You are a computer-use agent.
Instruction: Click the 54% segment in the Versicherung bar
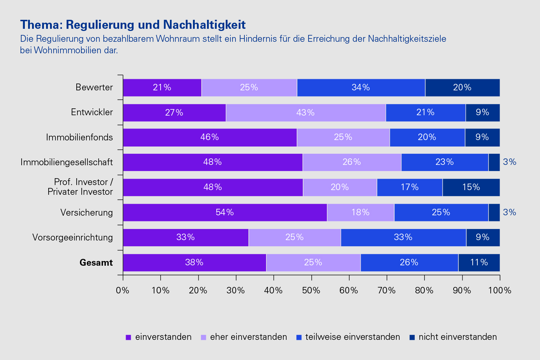tap(225, 212)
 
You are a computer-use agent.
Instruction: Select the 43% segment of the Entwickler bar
tap(305, 113)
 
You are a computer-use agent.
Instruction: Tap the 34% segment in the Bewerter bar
tap(361, 87)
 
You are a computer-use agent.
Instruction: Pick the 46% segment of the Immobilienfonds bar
tap(210, 137)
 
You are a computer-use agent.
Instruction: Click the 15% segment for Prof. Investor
tap(471, 187)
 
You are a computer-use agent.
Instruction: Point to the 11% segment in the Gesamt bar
tap(479, 262)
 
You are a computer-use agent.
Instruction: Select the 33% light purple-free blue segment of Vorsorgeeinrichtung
tap(403, 237)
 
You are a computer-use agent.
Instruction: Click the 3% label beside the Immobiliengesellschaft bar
tap(509, 162)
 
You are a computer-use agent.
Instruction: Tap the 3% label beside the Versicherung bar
tap(509, 212)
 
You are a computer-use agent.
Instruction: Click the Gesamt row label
tap(96, 263)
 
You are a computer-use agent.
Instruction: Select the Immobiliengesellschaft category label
tap(67, 162)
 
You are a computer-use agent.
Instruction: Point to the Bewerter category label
tap(94, 87)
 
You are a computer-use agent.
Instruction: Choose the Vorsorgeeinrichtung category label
tap(72, 238)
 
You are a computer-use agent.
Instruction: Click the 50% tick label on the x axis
tap(311, 291)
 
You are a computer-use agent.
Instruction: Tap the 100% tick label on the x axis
tap(499, 291)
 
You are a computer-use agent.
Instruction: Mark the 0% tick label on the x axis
tap(123, 291)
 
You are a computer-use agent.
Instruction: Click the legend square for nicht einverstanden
tap(412, 337)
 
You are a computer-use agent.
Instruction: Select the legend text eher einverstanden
tap(248, 337)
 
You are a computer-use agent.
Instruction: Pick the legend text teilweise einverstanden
tap(352, 337)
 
